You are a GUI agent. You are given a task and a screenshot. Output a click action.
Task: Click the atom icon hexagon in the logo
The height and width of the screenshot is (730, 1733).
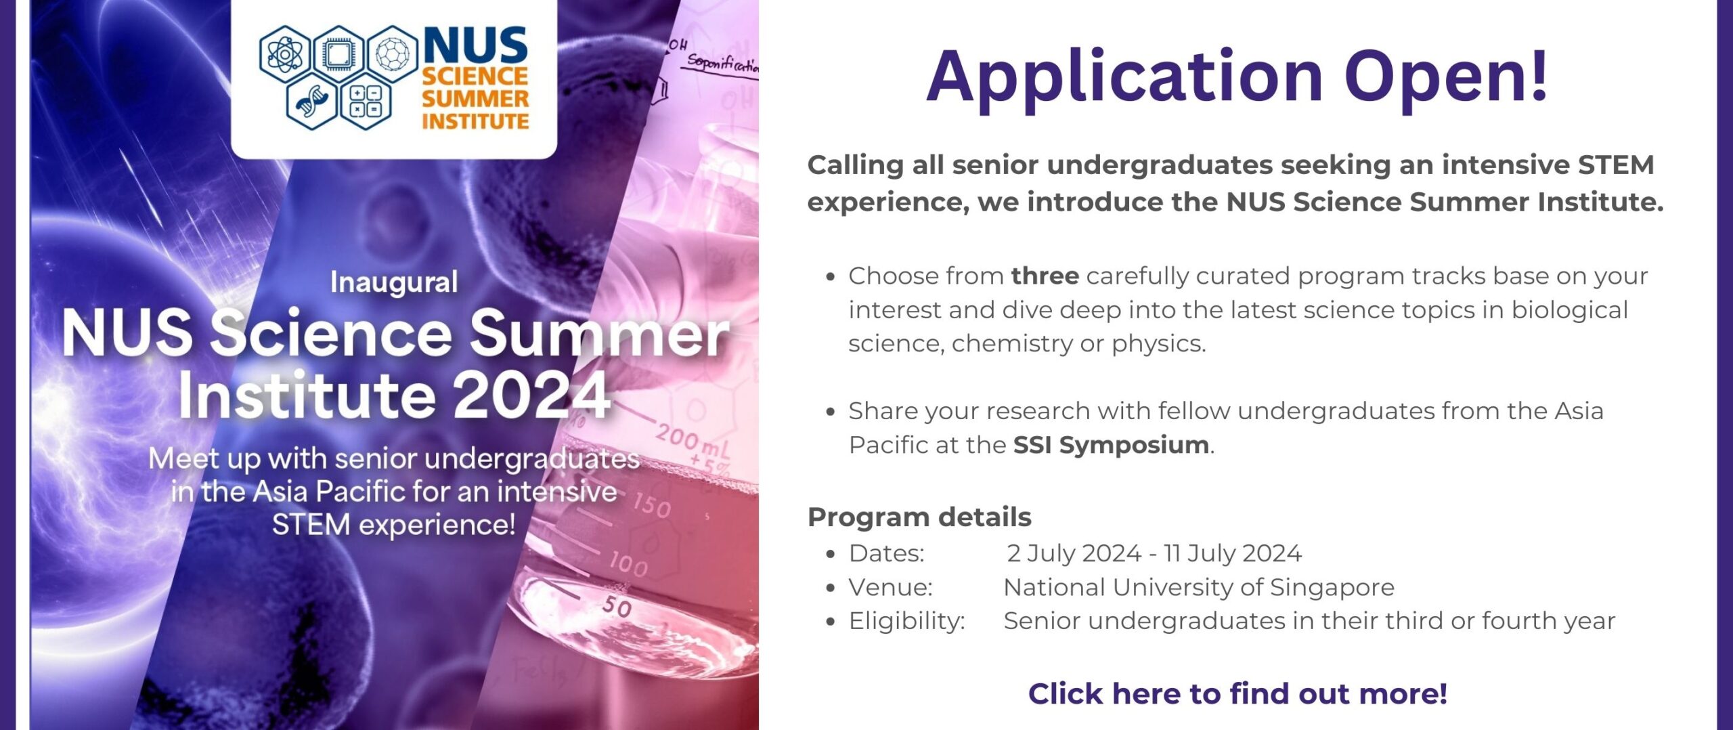285,53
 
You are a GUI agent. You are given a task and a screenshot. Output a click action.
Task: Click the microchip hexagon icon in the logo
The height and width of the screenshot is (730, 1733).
338,53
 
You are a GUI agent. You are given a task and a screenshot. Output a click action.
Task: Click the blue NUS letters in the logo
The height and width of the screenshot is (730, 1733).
476,46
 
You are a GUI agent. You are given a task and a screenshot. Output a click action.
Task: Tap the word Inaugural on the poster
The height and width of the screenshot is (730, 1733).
394,282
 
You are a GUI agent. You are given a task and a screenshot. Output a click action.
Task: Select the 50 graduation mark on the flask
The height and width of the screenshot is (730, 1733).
617,605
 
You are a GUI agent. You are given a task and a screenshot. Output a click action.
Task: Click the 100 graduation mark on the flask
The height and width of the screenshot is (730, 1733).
628,563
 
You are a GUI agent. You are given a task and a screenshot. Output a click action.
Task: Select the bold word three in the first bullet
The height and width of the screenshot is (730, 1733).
1045,276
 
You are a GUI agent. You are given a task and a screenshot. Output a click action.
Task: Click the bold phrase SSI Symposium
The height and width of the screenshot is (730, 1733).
1111,445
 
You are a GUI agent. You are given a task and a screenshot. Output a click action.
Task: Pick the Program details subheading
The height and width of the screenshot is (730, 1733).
919,517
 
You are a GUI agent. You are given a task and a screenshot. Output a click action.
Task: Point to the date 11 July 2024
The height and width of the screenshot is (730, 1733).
1232,553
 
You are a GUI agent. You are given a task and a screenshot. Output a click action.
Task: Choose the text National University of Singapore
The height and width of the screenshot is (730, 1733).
1199,587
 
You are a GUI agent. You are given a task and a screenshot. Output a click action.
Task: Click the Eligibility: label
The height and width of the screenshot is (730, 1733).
907,621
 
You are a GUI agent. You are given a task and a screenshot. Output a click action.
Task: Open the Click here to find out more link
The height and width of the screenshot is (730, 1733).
1237,693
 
